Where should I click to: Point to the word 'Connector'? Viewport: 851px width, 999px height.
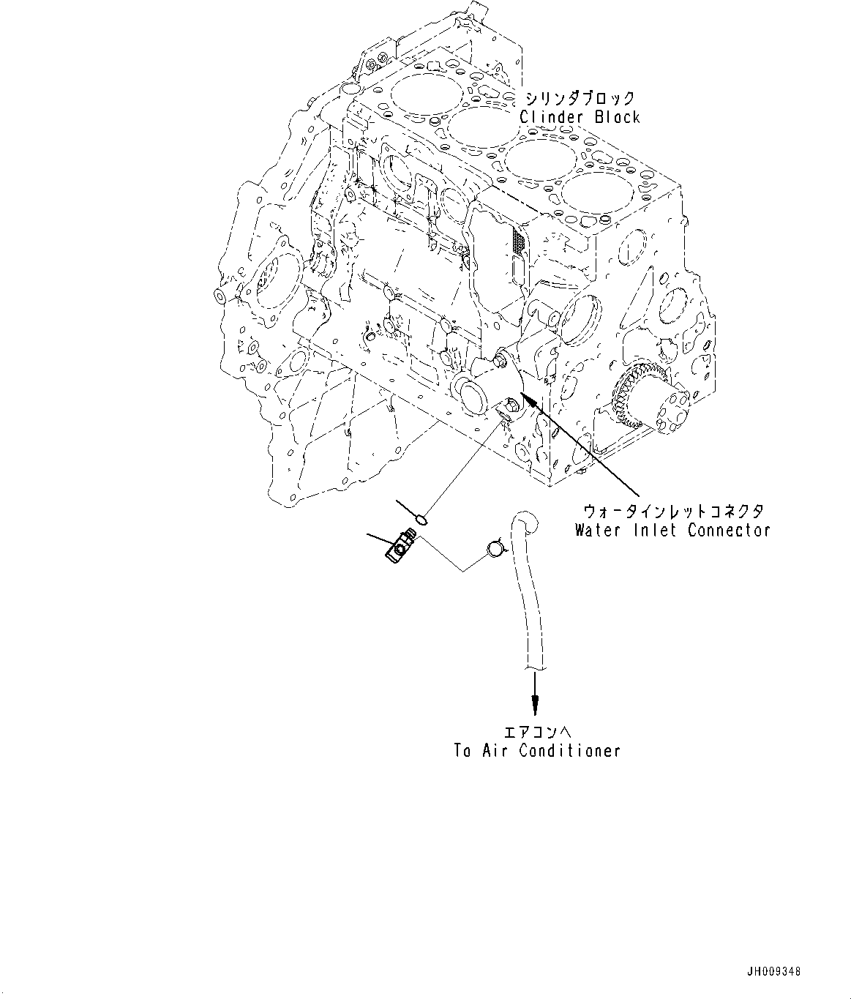[x=729, y=530]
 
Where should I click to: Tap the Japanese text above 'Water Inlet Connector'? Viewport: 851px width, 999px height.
[x=672, y=512]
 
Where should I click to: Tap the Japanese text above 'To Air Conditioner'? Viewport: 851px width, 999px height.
[x=536, y=732]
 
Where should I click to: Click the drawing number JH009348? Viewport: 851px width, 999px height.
[x=773, y=972]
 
